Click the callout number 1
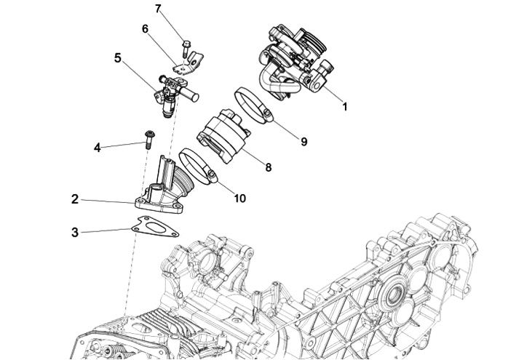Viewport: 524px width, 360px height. (345, 106)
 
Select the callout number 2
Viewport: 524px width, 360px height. (74, 199)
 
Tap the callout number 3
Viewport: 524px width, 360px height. (74, 233)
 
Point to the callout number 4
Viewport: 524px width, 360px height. (97, 148)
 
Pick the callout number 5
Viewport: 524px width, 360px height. (117, 57)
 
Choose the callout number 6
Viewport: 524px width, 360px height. (145, 29)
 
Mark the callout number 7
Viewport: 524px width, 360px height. (159, 9)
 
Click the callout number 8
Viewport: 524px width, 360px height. (268, 167)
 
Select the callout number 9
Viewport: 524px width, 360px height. (303, 142)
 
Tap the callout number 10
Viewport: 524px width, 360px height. (239, 198)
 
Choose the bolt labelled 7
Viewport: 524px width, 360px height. (184, 47)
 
